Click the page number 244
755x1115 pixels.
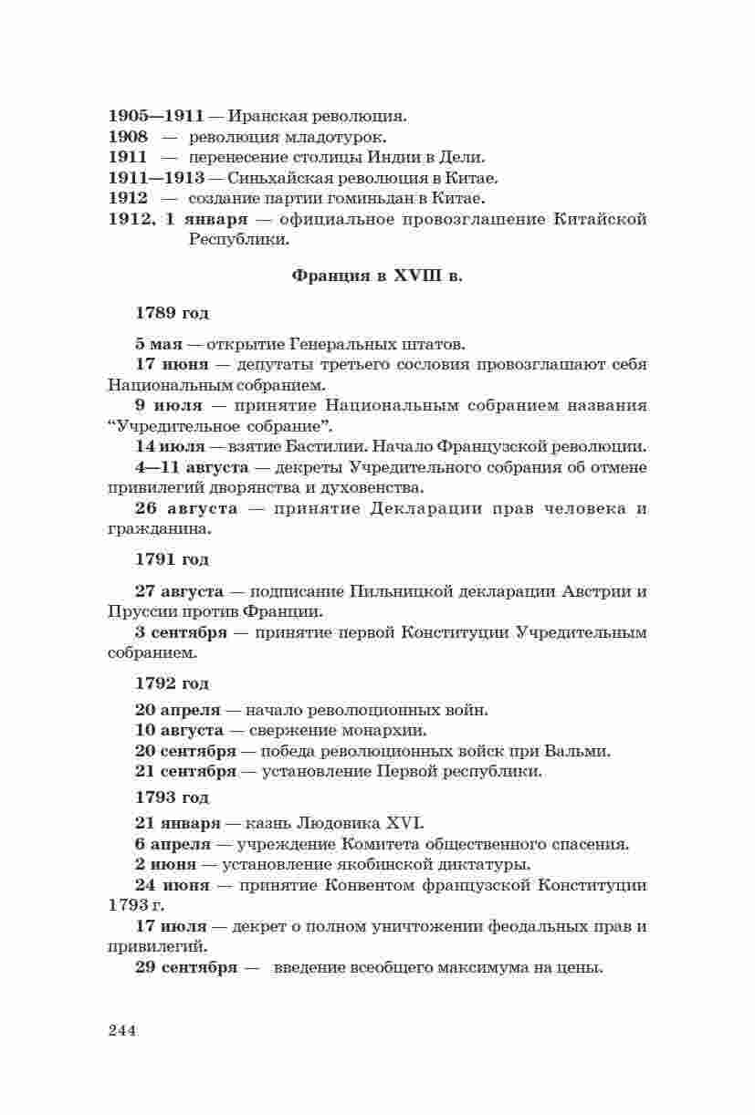point(121,1031)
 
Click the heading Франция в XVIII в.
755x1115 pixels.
point(377,276)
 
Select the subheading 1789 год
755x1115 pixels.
point(172,313)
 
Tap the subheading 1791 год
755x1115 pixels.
point(172,559)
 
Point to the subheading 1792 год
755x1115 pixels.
point(172,683)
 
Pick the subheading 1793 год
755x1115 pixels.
point(172,797)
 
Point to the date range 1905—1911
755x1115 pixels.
point(156,117)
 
